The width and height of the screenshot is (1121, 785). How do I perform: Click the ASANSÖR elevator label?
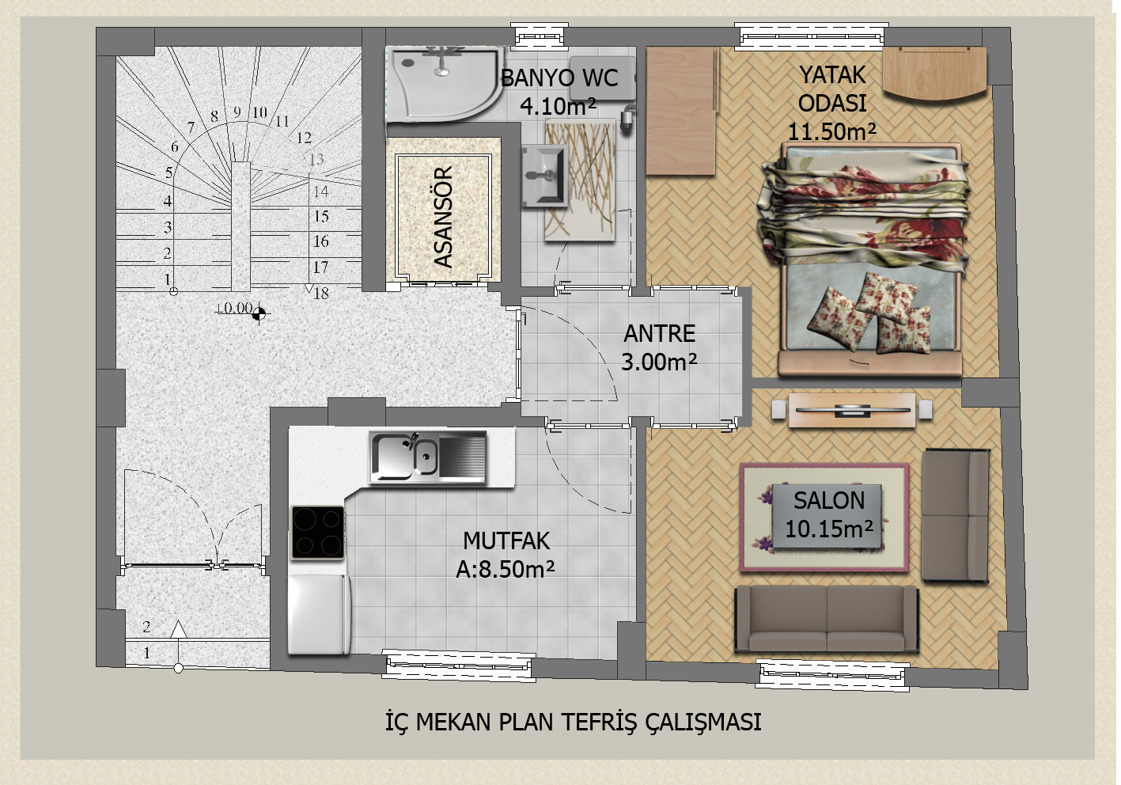click(443, 217)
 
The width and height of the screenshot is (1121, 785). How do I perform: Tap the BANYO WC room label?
click(559, 78)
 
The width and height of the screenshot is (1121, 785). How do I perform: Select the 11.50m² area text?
click(831, 131)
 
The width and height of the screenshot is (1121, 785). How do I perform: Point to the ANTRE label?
click(659, 333)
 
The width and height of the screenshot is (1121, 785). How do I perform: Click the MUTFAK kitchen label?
click(506, 540)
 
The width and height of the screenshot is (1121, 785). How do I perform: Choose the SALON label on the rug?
click(829, 501)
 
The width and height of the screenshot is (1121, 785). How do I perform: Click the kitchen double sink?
click(427, 457)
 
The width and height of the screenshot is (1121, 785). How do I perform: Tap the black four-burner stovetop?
click(318, 533)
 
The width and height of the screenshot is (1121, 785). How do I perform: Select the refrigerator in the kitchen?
click(320, 614)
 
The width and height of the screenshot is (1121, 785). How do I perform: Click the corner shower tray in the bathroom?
click(443, 84)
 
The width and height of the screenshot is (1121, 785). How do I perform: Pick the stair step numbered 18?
click(321, 293)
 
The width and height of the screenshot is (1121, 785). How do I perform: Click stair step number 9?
click(237, 112)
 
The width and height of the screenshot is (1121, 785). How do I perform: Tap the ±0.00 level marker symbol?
click(258, 314)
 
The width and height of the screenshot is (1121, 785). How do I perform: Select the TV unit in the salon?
click(852, 411)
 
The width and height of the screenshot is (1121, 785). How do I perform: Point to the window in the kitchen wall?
click(459, 666)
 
